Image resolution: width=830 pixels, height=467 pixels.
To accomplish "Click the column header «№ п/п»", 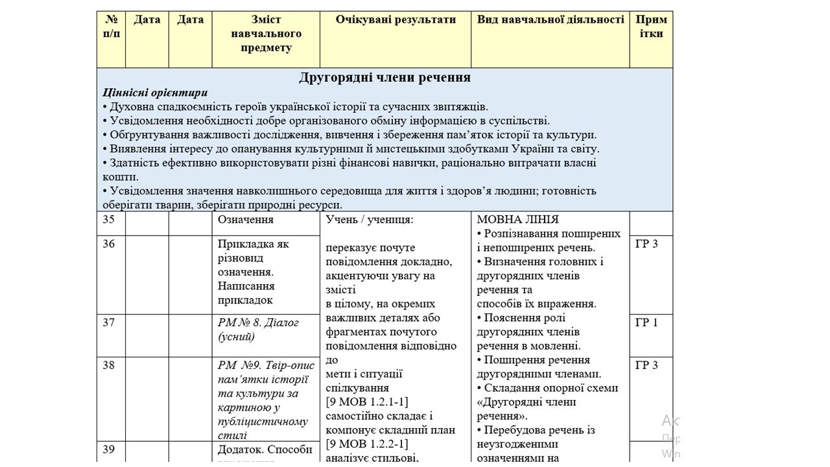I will [x=111, y=26].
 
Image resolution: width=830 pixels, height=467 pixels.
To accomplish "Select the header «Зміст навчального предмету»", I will [x=266, y=34].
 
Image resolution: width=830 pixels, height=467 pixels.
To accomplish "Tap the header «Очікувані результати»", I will [x=396, y=19].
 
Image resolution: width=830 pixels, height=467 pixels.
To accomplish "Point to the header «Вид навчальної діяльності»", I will [x=551, y=19].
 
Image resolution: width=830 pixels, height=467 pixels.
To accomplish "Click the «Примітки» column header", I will [x=651, y=26].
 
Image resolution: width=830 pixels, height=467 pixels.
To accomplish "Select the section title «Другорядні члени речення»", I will [x=385, y=78].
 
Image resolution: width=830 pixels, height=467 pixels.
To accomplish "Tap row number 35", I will [x=108, y=219].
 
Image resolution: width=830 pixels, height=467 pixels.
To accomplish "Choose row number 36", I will [x=108, y=244].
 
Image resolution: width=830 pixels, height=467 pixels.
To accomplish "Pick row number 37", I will [x=108, y=322].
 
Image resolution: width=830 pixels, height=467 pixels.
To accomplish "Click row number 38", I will [x=108, y=365].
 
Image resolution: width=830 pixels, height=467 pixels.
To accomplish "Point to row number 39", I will [x=108, y=449].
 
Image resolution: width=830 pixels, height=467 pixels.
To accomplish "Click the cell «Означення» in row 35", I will [x=246, y=220].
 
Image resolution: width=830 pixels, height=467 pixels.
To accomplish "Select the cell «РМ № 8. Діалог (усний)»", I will [x=258, y=329].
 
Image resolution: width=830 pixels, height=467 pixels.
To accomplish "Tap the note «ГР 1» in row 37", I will [x=646, y=322].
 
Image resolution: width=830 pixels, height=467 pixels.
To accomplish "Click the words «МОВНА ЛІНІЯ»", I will [x=517, y=220].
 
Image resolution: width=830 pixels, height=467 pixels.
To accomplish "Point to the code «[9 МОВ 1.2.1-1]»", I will [x=367, y=402].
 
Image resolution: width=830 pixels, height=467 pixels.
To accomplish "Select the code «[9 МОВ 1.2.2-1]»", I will [x=367, y=444].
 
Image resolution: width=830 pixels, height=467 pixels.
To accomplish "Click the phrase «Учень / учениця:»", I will [x=369, y=220].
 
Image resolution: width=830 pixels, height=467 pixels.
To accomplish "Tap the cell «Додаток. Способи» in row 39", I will [x=265, y=449].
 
